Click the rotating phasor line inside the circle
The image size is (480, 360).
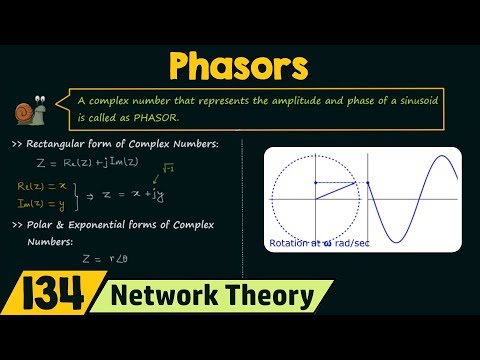(x=336, y=190)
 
